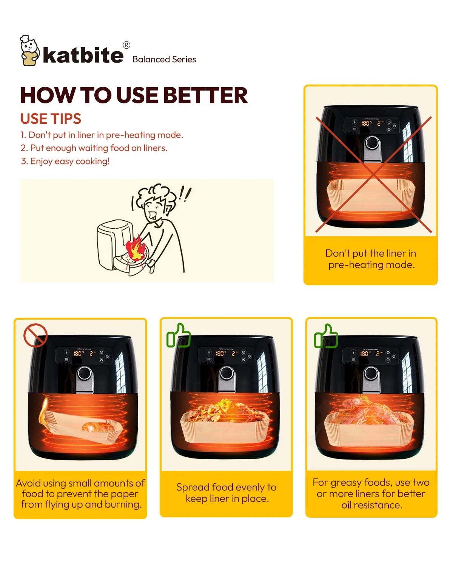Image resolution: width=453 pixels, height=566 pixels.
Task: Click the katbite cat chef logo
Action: [29, 50]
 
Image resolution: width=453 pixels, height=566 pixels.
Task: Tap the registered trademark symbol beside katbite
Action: [126, 45]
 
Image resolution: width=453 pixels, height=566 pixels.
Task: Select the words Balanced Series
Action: [164, 60]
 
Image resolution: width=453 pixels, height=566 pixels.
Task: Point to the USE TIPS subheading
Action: [51, 118]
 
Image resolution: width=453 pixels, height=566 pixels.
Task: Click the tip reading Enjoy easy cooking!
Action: [65, 161]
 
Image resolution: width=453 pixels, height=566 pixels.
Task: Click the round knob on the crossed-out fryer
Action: [372, 143]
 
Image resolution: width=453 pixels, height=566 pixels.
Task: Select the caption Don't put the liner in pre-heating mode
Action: [371, 259]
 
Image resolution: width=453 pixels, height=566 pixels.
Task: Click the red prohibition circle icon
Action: [35, 335]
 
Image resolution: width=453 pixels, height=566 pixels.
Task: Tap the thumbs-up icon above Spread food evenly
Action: [179, 335]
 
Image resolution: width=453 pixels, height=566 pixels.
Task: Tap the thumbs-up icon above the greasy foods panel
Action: [326, 336]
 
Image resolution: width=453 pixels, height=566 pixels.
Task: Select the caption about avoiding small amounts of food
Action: [80, 494]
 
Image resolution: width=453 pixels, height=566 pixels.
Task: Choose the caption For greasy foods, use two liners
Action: [371, 494]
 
